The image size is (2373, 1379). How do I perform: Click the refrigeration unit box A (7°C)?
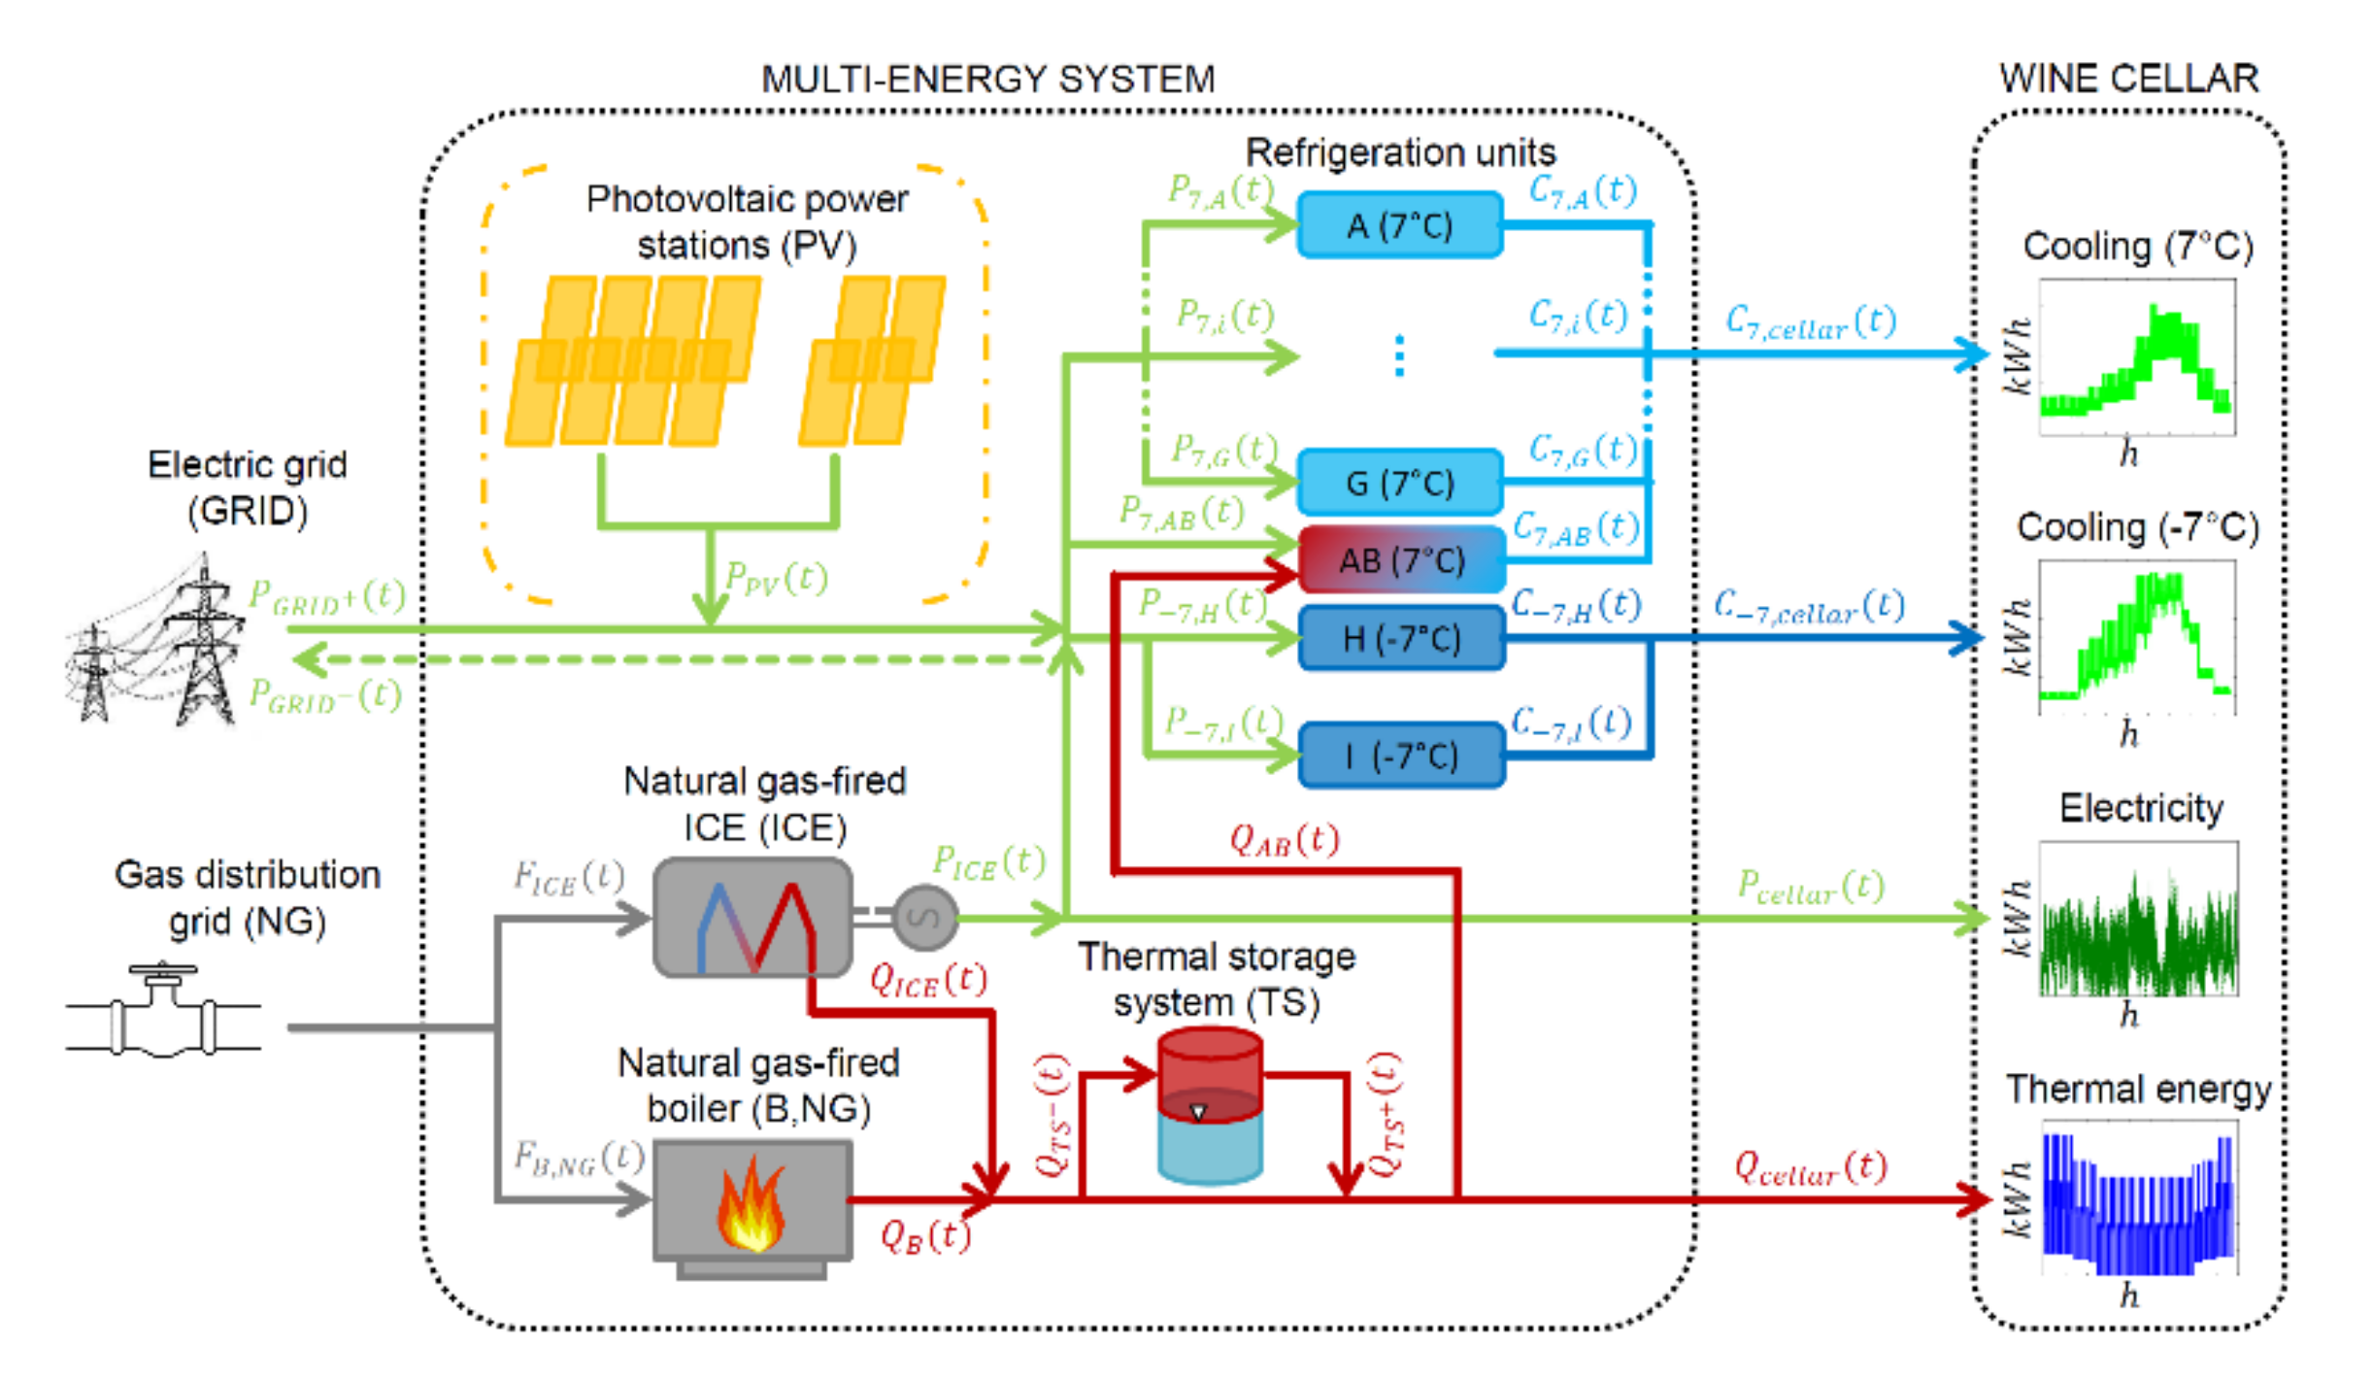1399,225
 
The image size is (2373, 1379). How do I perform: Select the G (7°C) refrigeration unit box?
1399,482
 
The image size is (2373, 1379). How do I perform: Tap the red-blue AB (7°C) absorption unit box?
1401,559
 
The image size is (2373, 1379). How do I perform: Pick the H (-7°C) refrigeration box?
1401,638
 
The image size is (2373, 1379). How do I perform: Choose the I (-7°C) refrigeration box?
1401,755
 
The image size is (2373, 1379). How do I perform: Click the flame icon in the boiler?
751,1204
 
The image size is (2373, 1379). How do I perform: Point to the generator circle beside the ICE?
924,917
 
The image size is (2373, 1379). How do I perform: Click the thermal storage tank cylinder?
1210,1107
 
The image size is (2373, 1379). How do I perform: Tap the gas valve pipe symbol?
163,1015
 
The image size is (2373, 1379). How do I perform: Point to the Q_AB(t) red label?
1284,839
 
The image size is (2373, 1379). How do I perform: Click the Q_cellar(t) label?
1810,1167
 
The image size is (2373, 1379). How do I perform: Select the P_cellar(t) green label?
1810,886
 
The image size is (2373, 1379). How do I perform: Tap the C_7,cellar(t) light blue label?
1810,321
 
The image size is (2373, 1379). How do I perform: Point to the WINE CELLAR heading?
2128,79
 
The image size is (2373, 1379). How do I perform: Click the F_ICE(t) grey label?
568,878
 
